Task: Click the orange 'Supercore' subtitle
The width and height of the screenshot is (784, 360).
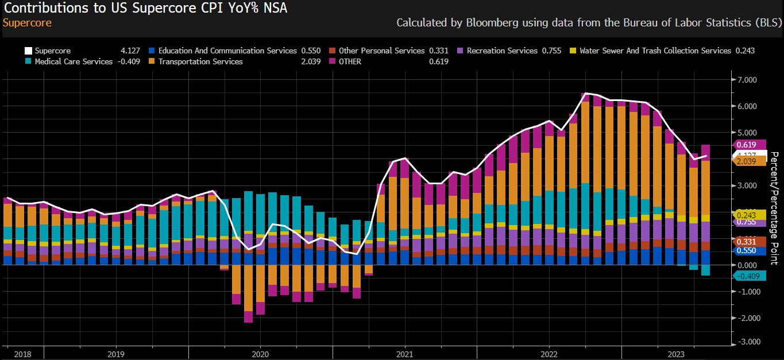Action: (27, 23)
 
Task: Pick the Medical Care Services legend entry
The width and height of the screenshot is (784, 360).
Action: (74, 61)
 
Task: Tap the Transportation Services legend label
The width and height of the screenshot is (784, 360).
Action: (200, 61)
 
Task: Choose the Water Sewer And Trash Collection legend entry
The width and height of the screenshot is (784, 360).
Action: (655, 51)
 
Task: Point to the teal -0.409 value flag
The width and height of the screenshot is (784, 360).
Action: (751, 276)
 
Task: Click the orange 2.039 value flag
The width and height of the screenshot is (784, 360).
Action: (751, 161)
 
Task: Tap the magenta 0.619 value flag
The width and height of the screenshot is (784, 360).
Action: (751, 145)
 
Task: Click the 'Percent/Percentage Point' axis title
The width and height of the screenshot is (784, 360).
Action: (774, 208)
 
